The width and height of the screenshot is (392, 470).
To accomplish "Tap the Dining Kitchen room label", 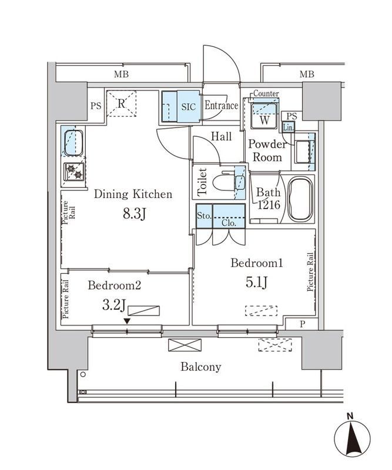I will pyautogui.click(x=133, y=194).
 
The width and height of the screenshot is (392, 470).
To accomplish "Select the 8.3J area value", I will pyautogui.click(x=133, y=214).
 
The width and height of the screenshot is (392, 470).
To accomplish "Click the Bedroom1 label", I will pyautogui.click(x=257, y=264).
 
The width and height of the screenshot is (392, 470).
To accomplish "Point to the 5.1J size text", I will pyautogui.click(x=257, y=283).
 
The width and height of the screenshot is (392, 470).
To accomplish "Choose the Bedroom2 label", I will pyautogui.click(x=115, y=286).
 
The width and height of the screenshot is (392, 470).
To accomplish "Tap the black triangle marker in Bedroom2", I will pyautogui.click(x=127, y=320).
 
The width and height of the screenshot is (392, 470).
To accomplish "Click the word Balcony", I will pyautogui.click(x=201, y=367).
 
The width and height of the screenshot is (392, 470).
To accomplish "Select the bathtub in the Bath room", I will pyautogui.click(x=299, y=199).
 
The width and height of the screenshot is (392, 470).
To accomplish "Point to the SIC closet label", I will pyautogui.click(x=188, y=107).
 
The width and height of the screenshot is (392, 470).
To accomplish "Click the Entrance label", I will pyautogui.click(x=221, y=106).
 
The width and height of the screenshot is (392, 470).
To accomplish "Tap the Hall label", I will pyautogui.click(x=221, y=137).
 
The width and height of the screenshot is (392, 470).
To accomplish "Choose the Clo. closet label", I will pyautogui.click(x=229, y=223).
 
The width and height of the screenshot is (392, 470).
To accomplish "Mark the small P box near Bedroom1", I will pyautogui.click(x=302, y=324).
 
